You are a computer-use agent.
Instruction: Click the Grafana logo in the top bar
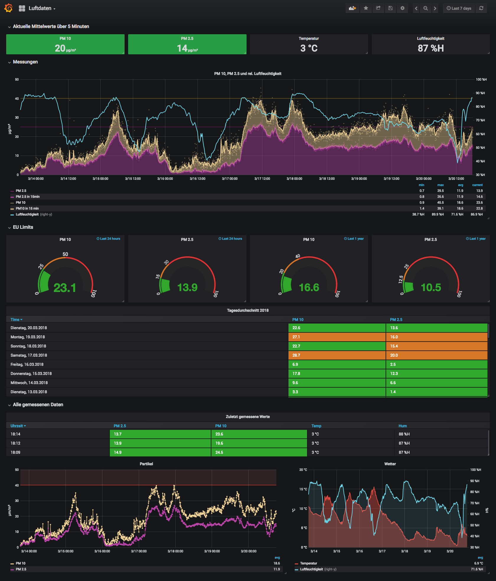(x=9, y=8)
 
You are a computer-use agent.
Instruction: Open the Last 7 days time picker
(x=459, y=8)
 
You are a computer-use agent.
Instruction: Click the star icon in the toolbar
(x=366, y=8)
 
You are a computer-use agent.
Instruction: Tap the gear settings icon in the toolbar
(x=402, y=8)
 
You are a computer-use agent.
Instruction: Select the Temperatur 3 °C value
(x=309, y=48)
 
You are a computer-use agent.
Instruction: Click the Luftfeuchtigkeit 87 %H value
(x=430, y=48)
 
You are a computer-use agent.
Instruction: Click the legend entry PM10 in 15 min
(x=27, y=208)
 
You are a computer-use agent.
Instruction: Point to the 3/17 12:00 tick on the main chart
(x=262, y=179)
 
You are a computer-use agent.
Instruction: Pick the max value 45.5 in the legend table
(x=440, y=203)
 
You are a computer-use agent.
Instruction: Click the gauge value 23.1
(x=65, y=288)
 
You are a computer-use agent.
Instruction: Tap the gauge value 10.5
(x=431, y=287)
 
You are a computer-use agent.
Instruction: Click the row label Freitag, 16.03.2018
(x=27, y=364)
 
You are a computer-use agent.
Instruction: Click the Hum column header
(x=402, y=426)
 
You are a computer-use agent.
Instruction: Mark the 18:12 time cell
(x=15, y=443)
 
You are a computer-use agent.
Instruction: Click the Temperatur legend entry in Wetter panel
(x=309, y=563)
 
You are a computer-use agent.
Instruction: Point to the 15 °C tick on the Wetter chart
(x=303, y=489)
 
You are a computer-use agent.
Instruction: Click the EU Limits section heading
(x=23, y=227)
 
